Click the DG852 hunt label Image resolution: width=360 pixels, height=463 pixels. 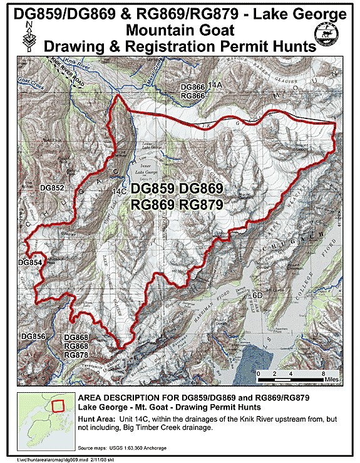[x=53, y=187]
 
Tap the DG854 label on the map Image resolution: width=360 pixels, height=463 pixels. [x=29, y=262]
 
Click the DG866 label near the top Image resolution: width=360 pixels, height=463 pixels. [x=193, y=87]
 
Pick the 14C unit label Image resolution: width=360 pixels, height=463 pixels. [x=119, y=190]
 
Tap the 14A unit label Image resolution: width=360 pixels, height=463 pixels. [x=216, y=85]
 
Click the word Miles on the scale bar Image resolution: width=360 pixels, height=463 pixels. [x=332, y=380]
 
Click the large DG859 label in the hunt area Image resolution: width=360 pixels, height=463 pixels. [x=156, y=189]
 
